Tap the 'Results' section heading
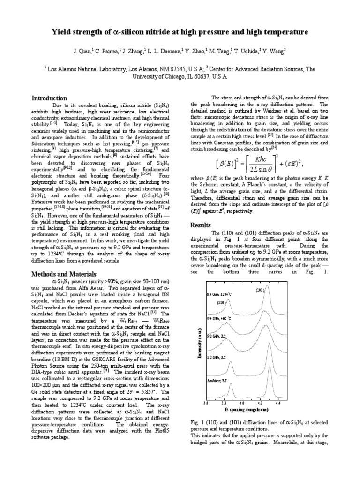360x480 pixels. tap(201, 225)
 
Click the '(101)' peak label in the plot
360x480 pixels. tap(261, 290)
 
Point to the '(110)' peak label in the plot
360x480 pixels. tap(220, 302)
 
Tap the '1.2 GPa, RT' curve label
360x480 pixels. tap(216, 357)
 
